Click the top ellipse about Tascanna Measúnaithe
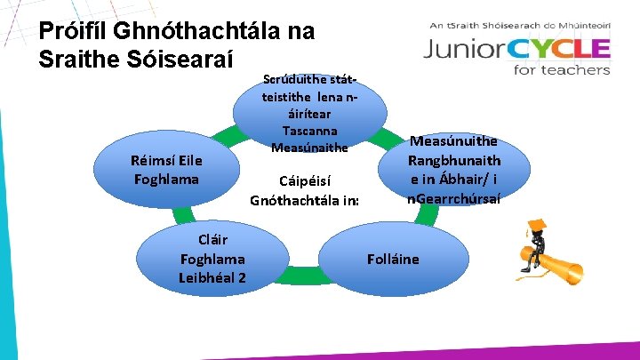coord(309,112)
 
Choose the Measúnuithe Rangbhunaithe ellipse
coord(453,170)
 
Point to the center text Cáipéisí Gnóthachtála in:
coord(305,188)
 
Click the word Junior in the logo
coord(467,50)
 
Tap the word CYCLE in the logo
coord(560,50)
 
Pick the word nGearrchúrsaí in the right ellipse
coord(454,198)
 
